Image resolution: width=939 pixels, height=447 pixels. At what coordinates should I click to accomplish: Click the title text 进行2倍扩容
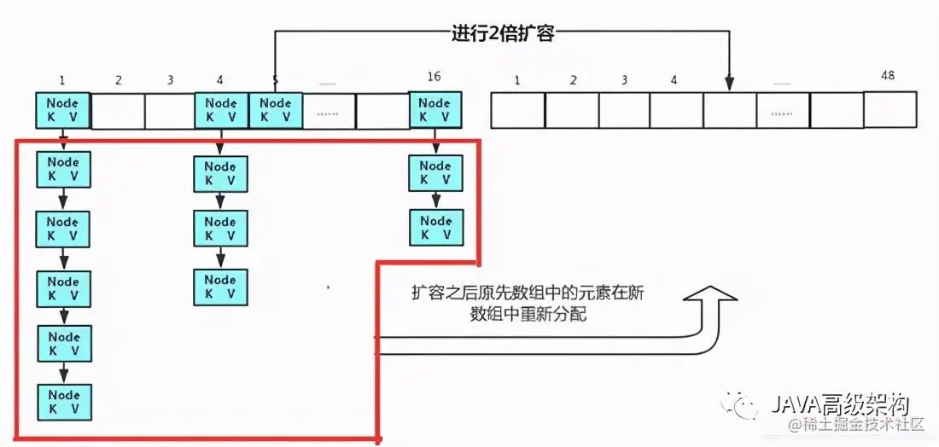click(504, 33)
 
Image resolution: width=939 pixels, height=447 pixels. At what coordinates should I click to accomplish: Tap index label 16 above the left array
click(434, 77)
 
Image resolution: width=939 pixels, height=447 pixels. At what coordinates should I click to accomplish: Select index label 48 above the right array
click(887, 76)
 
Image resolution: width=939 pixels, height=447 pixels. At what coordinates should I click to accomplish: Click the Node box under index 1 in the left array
click(62, 110)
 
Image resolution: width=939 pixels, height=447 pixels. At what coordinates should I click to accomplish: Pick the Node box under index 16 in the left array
click(435, 110)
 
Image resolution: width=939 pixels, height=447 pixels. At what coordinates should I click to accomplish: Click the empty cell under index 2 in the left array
click(117, 111)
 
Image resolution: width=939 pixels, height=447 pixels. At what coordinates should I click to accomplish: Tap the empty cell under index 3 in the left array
click(170, 111)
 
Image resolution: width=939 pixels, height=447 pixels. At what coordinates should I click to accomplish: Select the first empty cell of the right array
click(517, 110)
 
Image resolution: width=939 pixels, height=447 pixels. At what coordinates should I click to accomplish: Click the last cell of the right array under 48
click(889, 109)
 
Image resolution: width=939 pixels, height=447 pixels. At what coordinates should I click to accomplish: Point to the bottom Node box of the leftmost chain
click(63, 401)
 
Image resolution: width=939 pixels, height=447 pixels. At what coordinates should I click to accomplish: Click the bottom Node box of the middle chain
click(220, 287)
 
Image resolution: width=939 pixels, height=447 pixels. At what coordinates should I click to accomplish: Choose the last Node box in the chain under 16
click(435, 227)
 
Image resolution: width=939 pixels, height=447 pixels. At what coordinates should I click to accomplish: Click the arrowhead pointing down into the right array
click(730, 84)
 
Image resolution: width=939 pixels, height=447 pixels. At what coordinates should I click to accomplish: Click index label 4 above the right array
click(674, 81)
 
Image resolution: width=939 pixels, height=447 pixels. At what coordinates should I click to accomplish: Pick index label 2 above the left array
click(118, 80)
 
